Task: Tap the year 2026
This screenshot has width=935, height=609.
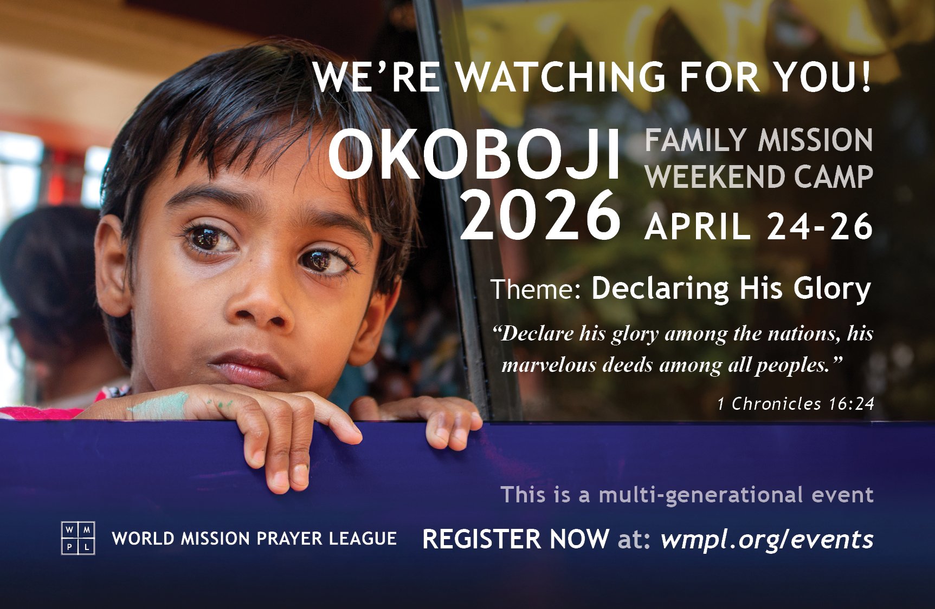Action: click(540, 215)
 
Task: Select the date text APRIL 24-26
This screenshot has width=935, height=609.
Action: click(759, 226)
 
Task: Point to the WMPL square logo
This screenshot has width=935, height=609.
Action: click(78, 539)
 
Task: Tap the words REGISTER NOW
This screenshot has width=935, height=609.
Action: click(515, 539)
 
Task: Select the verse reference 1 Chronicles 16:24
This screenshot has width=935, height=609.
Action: click(796, 403)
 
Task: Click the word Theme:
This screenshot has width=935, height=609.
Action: click(536, 289)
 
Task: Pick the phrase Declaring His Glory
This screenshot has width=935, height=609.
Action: click(731, 289)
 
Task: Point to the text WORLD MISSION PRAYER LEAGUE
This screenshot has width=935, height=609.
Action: click(254, 539)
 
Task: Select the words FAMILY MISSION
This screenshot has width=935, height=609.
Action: click(759, 141)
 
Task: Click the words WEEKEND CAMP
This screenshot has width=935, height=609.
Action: click(759, 177)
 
